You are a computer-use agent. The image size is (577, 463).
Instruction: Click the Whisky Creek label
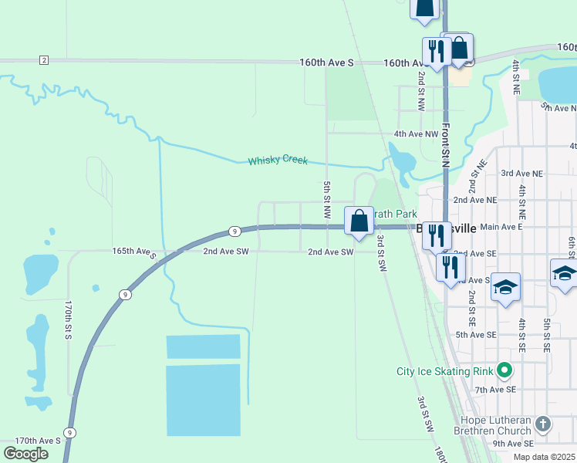[278, 161]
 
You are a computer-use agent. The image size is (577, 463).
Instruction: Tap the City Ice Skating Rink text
[444, 372]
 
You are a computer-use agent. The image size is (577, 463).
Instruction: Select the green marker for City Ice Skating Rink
[505, 371]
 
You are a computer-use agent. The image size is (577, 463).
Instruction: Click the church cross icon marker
[543, 424]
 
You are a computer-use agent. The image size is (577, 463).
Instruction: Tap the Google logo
[25, 454]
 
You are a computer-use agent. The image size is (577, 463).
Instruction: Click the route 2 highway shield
[44, 60]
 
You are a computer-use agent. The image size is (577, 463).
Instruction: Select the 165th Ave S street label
[134, 252]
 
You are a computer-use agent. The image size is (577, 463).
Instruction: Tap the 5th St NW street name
[327, 199]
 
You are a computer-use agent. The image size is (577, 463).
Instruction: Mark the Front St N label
[446, 147]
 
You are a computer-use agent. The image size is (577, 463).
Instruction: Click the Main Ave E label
[501, 227]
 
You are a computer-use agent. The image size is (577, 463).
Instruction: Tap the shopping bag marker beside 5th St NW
[359, 221]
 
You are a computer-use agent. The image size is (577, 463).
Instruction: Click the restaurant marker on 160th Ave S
[437, 52]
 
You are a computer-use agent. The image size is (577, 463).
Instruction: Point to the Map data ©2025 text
[543, 457]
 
